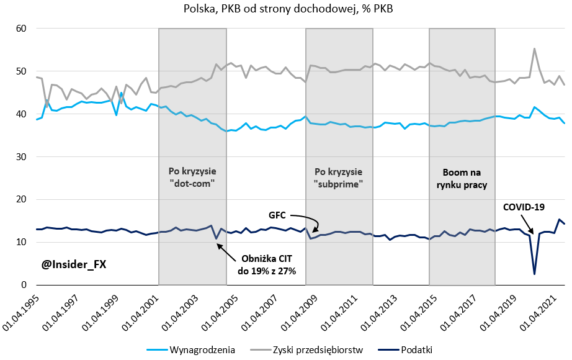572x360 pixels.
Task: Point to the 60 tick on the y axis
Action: (x=19, y=29)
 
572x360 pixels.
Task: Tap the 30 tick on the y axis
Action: (x=19, y=157)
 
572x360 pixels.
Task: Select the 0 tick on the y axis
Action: (x=22, y=285)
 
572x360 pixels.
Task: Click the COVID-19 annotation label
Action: (x=524, y=207)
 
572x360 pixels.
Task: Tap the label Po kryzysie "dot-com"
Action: (x=192, y=177)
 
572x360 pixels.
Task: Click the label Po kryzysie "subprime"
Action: (x=339, y=177)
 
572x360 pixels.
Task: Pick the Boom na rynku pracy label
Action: (x=462, y=178)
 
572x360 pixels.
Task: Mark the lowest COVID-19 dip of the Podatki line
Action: (x=534, y=274)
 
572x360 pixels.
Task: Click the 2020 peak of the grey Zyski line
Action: (x=534, y=48)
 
